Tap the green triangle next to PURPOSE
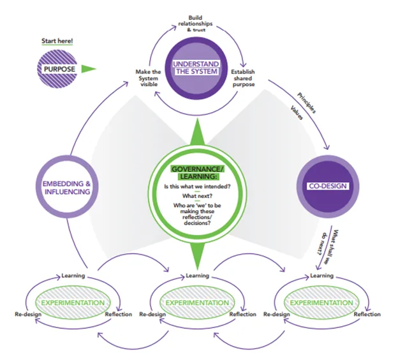89,68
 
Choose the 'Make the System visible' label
148,77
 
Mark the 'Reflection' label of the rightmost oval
367,314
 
